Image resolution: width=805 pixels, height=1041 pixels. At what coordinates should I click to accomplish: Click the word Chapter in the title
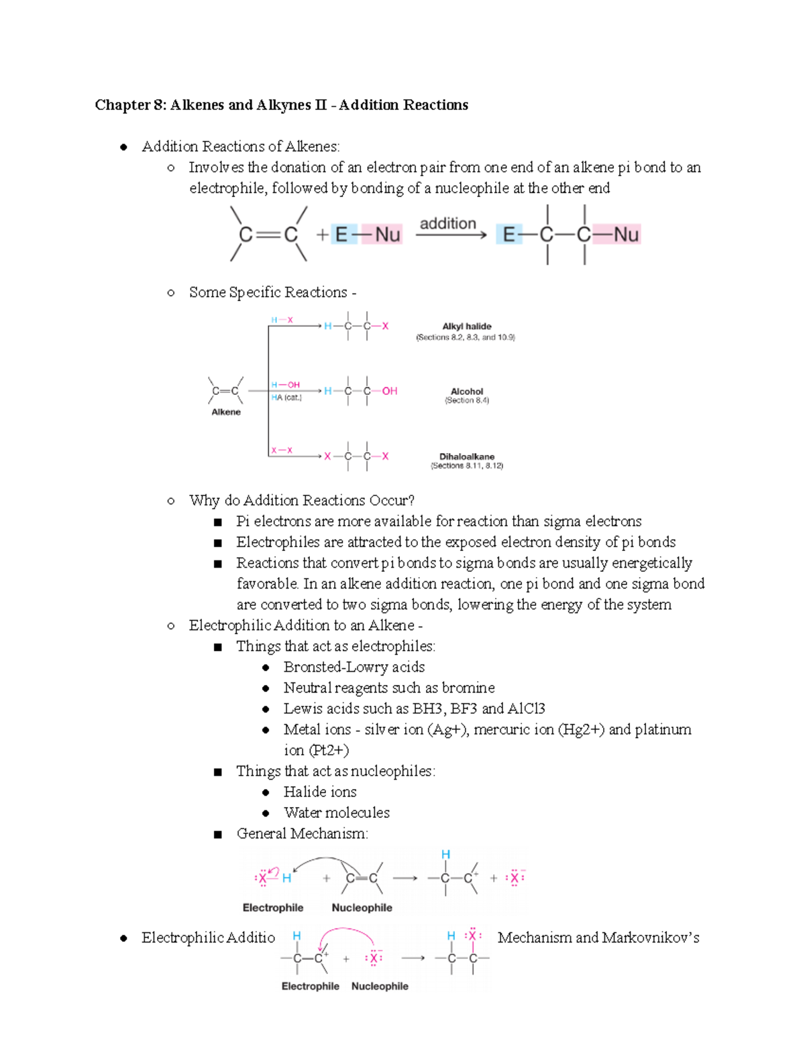(x=123, y=105)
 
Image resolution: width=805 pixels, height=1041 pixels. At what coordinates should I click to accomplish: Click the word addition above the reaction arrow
(x=447, y=224)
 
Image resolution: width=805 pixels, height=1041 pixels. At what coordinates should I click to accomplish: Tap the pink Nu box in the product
(x=626, y=235)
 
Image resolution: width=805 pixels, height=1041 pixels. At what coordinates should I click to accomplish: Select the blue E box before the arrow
(x=341, y=235)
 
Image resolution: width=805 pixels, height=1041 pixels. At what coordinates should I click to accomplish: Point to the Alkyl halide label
(x=467, y=326)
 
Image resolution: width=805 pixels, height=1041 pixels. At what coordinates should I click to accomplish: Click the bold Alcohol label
(x=467, y=391)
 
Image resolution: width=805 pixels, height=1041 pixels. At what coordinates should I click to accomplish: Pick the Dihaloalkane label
(x=467, y=456)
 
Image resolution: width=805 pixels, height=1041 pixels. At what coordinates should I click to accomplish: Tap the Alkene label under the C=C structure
(x=226, y=412)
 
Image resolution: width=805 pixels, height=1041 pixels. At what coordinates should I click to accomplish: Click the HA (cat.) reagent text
(x=286, y=397)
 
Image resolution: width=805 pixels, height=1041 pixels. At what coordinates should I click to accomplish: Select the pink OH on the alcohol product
(x=390, y=391)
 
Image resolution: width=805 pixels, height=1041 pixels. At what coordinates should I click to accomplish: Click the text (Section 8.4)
(x=467, y=401)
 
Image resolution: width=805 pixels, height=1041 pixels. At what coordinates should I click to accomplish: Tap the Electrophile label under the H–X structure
(x=273, y=908)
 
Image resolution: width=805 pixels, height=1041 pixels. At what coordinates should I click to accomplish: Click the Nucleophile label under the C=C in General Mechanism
(x=362, y=908)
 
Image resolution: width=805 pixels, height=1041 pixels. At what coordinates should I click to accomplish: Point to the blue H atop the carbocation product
(x=445, y=855)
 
